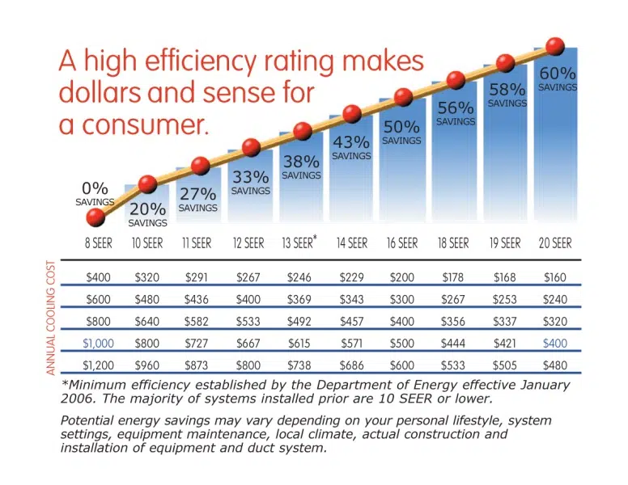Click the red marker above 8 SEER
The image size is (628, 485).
(x=95, y=217)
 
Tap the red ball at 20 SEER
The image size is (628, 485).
(x=555, y=46)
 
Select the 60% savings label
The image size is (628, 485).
(x=558, y=78)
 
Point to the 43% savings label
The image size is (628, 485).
(x=351, y=147)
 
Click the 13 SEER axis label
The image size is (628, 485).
(x=299, y=242)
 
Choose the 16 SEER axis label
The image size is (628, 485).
(x=402, y=242)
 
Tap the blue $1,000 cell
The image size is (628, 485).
(x=98, y=344)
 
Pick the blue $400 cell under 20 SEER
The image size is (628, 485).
(x=555, y=344)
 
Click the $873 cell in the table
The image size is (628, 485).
(x=196, y=365)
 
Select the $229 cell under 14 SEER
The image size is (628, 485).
(x=352, y=277)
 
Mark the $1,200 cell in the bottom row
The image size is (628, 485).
(x=98, y=365)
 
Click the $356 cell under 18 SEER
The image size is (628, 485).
(x=453, y=322)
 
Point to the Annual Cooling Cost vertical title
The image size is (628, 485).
(x=50, y=318)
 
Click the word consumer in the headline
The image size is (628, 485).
(x=146, y=124)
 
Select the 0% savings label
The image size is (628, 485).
(x=95, y=194)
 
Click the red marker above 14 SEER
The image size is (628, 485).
(x=352, y=114)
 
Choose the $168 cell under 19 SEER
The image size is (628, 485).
(x=505, y=277)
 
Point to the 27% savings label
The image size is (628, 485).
(x=197, y=200)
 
